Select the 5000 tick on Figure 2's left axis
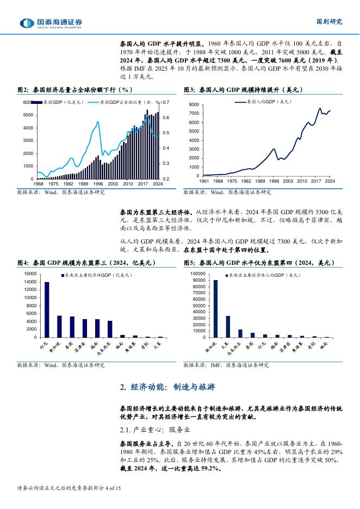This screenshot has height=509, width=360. [x=27, y=115]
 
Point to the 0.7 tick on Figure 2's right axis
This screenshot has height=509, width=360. [x=166, y=102]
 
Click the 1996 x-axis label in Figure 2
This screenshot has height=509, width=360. [x=98, y=184]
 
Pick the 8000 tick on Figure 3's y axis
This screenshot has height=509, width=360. [x=194, y=104]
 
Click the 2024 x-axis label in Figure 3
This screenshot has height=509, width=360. [x=330, y=181]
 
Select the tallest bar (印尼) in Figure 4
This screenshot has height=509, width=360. [x=47, y=309]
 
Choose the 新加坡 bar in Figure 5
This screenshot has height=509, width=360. [x=215, y=309]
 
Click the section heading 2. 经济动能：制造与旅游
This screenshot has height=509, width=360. [x=167, y=387]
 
